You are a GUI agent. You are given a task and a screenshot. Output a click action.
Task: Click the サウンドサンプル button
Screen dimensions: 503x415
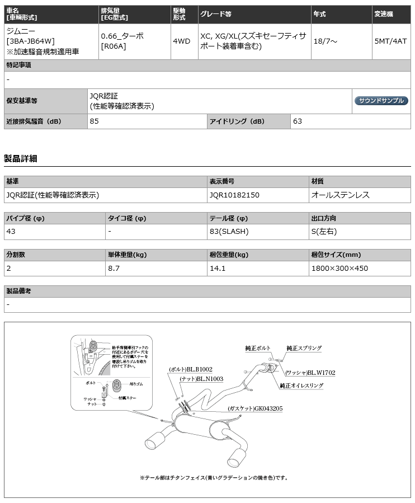(x=381, y=101)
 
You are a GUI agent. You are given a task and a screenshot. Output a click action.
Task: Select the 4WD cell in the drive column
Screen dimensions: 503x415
(x=181, y=41)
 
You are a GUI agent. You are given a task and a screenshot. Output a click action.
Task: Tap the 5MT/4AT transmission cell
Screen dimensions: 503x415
(x=390, y=41)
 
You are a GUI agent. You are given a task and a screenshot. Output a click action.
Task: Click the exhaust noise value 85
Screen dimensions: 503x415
(x=94, y=121)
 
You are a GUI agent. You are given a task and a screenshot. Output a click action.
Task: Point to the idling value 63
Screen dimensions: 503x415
(x=298, y=121)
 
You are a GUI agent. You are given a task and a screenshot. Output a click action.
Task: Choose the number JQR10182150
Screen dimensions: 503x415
(x=234, y=195)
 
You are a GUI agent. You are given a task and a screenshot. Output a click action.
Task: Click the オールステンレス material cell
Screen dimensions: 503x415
(x=340, y=195)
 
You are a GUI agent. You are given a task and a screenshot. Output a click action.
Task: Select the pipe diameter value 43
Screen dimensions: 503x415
(x=11, y=231)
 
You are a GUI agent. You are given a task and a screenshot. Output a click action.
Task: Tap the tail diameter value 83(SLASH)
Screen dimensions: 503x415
(x=229, y=231)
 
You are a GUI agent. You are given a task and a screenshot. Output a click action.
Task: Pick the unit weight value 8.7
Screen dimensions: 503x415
(x=114, y=268)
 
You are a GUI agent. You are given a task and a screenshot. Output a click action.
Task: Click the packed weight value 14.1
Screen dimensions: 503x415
(x=217, y=268)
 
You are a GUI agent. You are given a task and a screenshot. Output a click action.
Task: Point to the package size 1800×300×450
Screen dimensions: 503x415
(x=339, y=268)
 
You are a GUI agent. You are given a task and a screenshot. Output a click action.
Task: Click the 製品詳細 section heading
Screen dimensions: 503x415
(x=20, y=158)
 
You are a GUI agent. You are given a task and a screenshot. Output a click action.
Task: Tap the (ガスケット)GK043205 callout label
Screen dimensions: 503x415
(x=255, y=408)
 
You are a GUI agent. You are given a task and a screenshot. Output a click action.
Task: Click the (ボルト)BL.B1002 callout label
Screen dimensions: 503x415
(x=190, y=370)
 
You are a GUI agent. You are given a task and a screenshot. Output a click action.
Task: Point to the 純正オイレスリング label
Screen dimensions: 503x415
(x=301, y=386)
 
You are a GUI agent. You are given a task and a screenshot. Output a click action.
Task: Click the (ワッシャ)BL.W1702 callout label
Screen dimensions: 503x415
(x=310, y=373)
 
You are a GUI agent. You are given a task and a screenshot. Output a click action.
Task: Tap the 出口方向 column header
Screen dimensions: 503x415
(x=324, y=219)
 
